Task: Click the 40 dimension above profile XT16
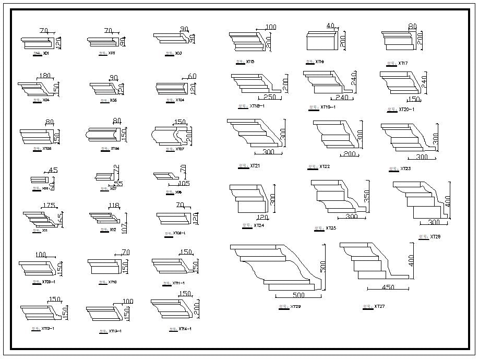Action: pyautogui.click(x=330, y=26)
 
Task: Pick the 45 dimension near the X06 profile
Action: pyautogui.click(x=53, y=170)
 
